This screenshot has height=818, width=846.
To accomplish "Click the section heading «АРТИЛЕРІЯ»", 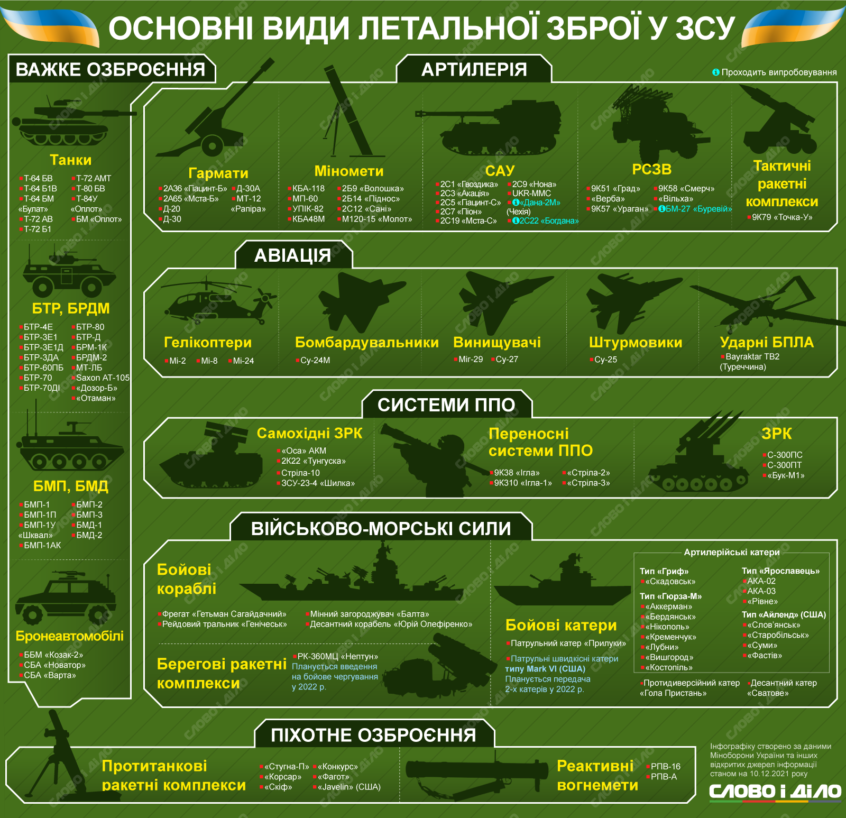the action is coord(474,69).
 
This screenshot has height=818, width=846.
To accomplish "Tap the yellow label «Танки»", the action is coord(70,160).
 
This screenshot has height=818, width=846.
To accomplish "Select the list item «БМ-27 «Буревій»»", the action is coord(698,209).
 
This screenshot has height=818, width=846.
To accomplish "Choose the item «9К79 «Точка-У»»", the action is coord(782,217).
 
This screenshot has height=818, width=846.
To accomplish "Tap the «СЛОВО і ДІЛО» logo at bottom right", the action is coord(775,792).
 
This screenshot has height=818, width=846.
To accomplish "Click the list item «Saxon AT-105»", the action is coord(103,378).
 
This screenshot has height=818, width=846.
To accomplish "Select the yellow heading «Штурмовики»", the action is coord(636,342).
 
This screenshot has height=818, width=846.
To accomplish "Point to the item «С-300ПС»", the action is coord(785,455).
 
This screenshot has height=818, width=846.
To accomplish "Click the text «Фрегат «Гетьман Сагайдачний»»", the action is coord(224,614).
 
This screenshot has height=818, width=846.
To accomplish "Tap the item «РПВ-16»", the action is coord(666,766).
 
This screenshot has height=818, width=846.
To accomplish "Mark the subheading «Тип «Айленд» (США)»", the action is coord(784,614).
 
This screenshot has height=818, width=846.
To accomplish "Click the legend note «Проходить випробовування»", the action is coord(779,72).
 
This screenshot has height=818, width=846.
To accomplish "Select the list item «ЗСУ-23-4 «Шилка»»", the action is coord(318,483).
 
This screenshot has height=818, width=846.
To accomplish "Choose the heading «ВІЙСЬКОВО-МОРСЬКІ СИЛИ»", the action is coord(381,528).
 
